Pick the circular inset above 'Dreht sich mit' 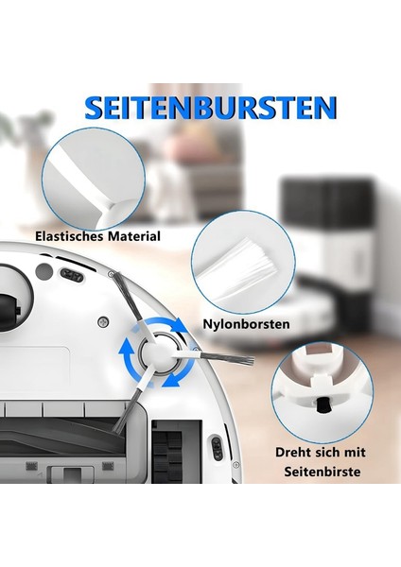tap(318, 387)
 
